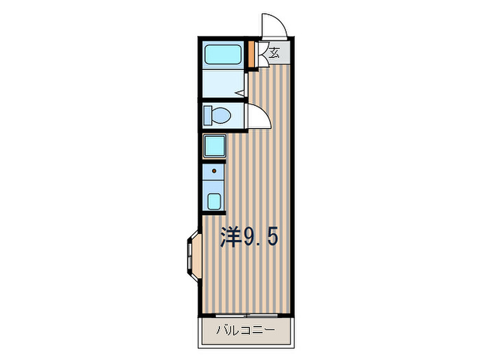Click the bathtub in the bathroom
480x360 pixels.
tap(223, 55)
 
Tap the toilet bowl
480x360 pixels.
tap(221, 116)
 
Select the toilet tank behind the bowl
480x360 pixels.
tap(207, 116)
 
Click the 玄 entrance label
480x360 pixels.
tap(274, 53)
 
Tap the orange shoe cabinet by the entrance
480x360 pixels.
tap(251, 54)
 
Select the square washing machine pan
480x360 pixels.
tap(214, 146)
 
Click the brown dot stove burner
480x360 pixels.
tap(214, 171)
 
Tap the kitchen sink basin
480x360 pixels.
tap(214, 201)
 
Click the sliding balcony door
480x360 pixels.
tap(247, 315)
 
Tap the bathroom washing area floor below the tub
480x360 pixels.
tap(223, 83)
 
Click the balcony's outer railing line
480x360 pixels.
tap(246, 348)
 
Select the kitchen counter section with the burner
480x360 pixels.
tap(213, 172)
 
